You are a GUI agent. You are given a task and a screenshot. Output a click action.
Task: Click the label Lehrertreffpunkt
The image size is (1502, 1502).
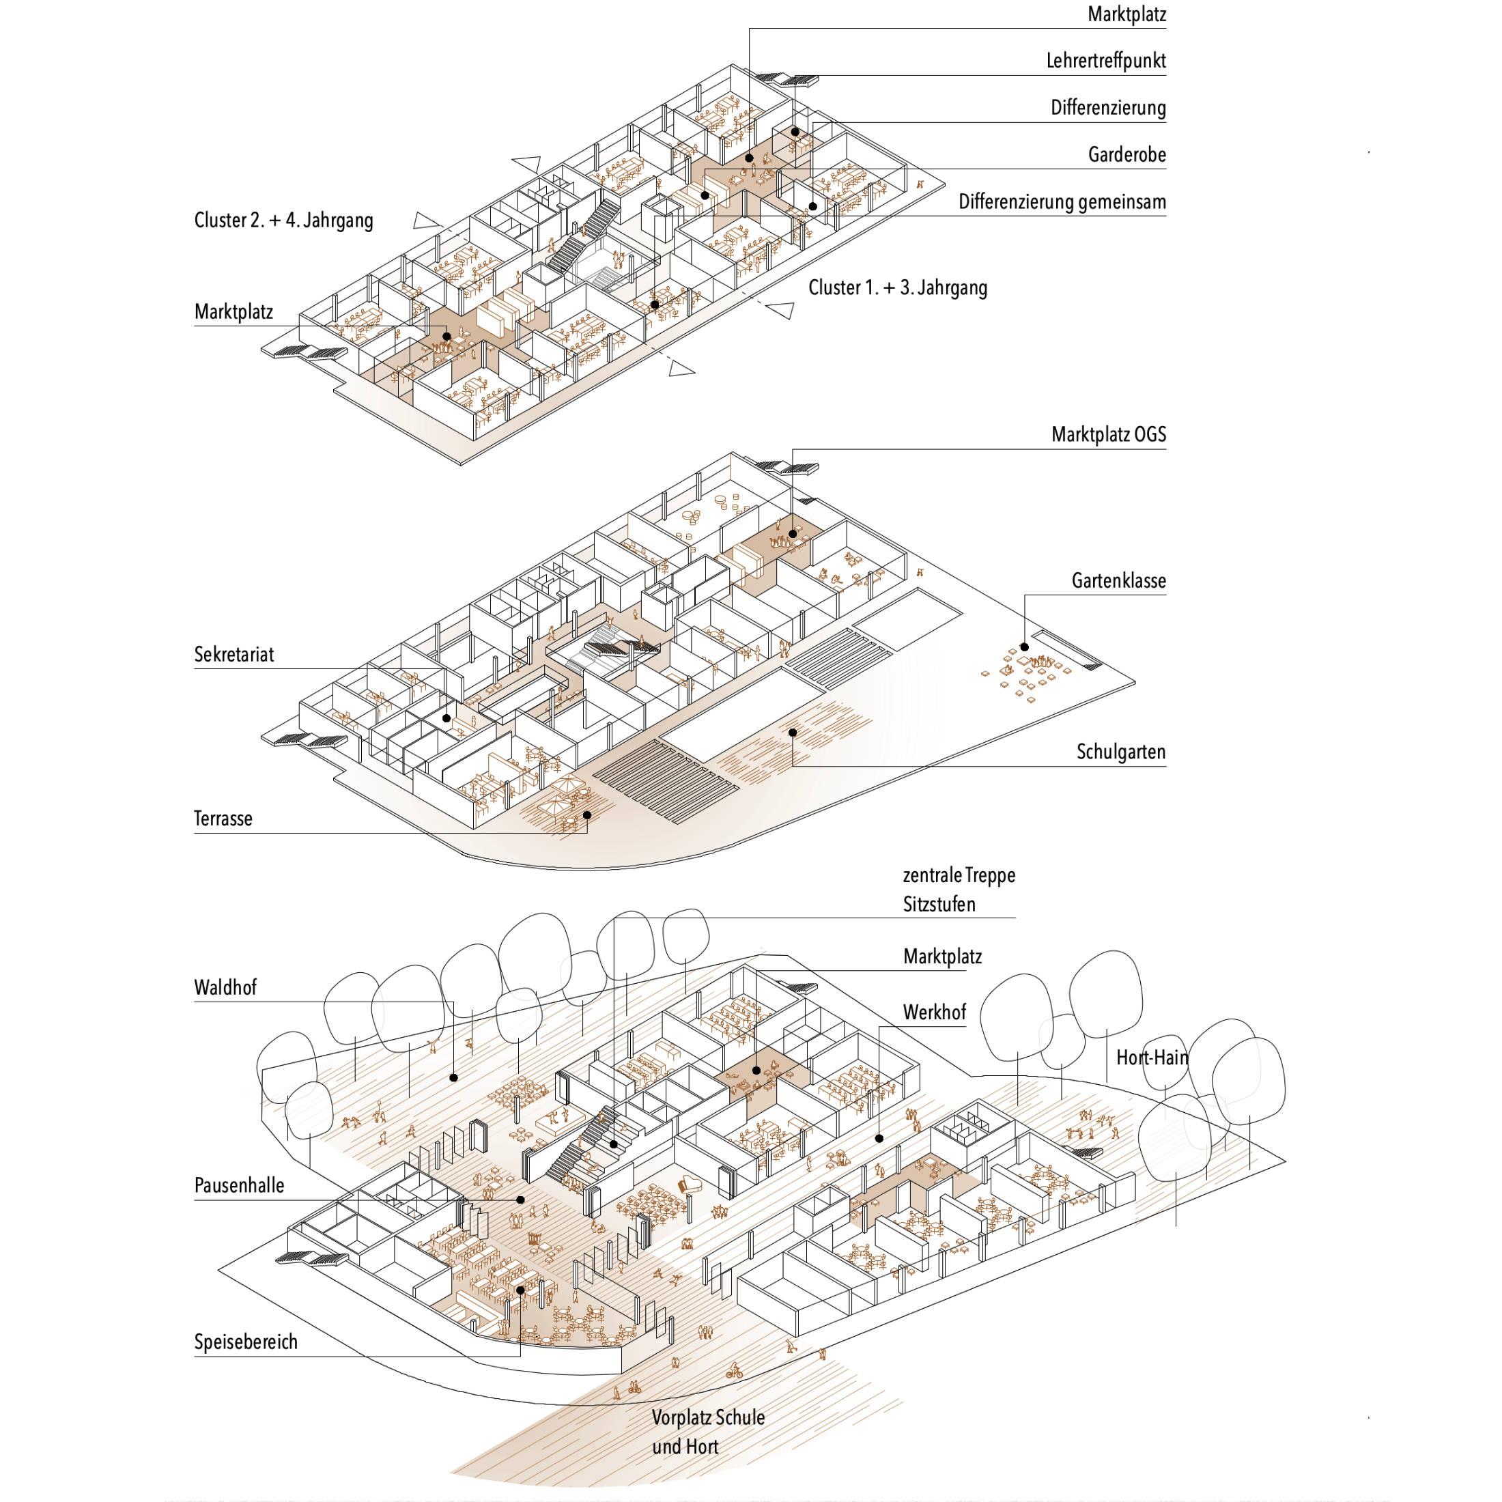pos(1105,61)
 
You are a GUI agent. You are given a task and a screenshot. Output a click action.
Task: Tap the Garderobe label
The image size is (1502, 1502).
pos(1126,155)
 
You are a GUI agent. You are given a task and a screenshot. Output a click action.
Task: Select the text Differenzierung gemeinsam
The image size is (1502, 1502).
pos(1062,202)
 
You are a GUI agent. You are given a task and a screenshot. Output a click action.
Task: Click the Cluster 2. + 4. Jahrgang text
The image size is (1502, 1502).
pos(284,221)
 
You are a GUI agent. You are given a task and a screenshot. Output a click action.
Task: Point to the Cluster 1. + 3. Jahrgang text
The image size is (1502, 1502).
pos(898,287)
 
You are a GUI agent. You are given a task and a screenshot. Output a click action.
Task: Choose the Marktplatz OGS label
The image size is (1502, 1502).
pos(1109,435)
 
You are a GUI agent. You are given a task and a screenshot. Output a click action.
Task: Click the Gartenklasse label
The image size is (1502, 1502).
pos(1119,581)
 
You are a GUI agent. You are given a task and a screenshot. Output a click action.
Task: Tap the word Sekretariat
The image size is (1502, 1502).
pos(234,655)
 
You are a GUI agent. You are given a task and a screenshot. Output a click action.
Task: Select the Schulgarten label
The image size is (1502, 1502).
pos(1121,752)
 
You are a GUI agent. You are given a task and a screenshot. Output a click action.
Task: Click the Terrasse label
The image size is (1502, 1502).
pos(223,819)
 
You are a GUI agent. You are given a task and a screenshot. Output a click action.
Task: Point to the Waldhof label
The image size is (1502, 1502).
pos(225,988)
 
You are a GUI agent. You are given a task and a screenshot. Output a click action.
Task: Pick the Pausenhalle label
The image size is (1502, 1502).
pos(240,1186)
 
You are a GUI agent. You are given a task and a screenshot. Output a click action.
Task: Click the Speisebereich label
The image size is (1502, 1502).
pos(246,1342)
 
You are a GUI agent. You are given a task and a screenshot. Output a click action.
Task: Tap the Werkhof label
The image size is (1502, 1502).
pos(935,1012)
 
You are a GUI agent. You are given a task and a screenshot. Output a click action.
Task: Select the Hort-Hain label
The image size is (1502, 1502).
pos(1152,1058)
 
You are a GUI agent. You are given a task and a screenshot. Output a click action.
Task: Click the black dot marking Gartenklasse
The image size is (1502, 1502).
pos(1025,647)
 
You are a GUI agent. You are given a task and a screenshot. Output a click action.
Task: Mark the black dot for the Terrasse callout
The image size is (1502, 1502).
pos(587,814)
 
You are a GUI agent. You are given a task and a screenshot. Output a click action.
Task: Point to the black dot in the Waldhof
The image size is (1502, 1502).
pos(454,1077)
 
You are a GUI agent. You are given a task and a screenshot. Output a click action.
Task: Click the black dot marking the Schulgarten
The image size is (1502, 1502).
pos(793,733)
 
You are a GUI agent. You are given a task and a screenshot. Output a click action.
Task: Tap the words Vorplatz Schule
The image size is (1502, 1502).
pos(708,1417)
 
